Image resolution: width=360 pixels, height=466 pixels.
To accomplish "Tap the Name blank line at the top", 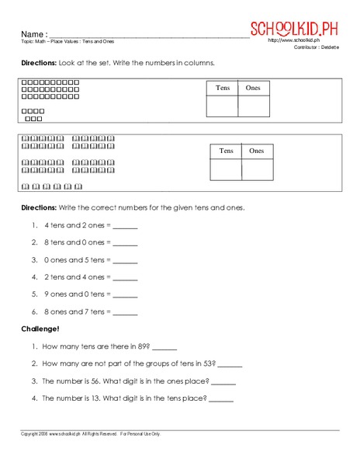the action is click(x=147, y=35).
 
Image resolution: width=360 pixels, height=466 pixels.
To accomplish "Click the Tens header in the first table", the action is click(x=222, y=89).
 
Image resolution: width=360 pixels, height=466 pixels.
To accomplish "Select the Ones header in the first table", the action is click(x=253, y=89).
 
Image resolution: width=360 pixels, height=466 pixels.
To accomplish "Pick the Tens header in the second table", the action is click(x=226, y=151).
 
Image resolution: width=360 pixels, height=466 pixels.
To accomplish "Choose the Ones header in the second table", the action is click(x=257, y=151).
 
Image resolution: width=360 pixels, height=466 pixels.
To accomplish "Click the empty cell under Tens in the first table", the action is click(x=222, y=106).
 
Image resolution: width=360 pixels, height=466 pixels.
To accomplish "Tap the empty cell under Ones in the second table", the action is click(x=257, y=169).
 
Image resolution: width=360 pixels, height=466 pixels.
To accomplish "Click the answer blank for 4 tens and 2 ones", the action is click(x=125, y=226).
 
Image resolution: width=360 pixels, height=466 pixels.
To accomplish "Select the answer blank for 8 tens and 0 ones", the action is click(x=125, y=243).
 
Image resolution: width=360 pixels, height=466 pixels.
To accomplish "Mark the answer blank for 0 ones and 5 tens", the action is click(x=125, y=260).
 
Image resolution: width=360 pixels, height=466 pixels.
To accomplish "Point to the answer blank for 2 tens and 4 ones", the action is click(x=125, y=278).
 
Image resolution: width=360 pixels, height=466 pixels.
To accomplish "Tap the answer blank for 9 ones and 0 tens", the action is click(x=125, y=295).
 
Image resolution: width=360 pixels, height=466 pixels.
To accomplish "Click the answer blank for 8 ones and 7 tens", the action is click(x=125, y=312).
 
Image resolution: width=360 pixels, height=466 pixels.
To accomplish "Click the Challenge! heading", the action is click(x=41, y=329).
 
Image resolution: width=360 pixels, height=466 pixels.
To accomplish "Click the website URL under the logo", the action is click(x=295, y=40).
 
